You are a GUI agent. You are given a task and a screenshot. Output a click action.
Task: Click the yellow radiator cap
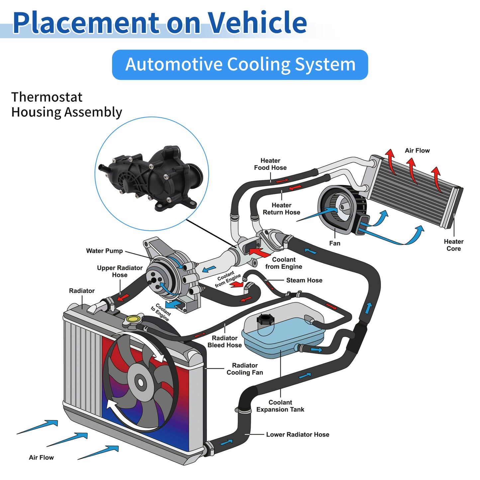(x=133, y=319)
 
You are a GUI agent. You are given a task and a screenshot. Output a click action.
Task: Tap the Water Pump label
(x=104, y=251)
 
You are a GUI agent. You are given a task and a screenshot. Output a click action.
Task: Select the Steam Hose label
(x=304, y=280)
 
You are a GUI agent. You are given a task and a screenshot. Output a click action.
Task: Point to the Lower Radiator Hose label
(x=298, y=434)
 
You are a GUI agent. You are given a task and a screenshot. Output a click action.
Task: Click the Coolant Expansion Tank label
(x=280, y=406)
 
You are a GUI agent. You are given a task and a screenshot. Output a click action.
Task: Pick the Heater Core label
(x=454, y=245)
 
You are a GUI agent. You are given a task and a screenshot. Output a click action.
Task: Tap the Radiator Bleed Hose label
(x=225, y=341)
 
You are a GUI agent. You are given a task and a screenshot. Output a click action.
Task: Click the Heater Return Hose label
(x=281, y=209)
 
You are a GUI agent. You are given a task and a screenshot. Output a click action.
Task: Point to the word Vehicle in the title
(x=257, y=23)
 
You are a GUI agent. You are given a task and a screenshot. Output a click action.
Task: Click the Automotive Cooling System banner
(x=240, y=65)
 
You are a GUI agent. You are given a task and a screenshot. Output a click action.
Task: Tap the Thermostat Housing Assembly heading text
(x=66, y=105)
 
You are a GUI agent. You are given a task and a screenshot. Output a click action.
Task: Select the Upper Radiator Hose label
(x=120, y=271)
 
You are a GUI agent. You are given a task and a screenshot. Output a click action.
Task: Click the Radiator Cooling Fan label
(x=244, y=369)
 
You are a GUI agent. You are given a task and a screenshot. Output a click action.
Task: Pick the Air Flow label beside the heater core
(x=417, y=150)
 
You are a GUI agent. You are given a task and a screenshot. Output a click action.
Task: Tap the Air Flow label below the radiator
(x=41, y=457)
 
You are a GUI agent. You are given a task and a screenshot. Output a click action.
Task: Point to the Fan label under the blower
(x=335, y=243)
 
